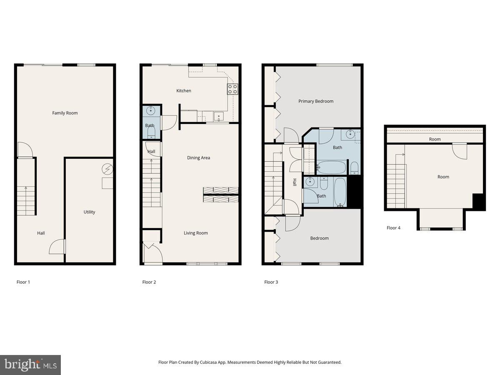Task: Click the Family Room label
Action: click(x=65, y=113)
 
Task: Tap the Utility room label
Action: click(x=89, y=212)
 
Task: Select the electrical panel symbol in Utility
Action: click(x=107, y=169)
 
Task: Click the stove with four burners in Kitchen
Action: click(x=232, y=89)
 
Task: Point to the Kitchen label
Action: click(x=184, y=91)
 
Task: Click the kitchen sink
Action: click(x=219, y=116)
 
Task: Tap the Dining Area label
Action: click(x=199, y=158)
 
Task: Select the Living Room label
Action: click(x=196, y=233)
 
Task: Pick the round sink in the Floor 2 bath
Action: click(x=151, y=111)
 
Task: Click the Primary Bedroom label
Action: click(x=316, y=101)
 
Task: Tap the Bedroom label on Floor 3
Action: click(x=320, y=238)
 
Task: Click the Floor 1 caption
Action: click(x=23, y=282)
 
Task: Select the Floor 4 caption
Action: click(x=393, y=228)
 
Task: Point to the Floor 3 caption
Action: click(x=271, y=282)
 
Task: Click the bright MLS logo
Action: click(x=30, y=365)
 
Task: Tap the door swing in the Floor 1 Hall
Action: click(x=57, y=247)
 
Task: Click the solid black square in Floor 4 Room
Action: click(x=479, y=202)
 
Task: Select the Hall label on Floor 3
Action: click(x=294, y=182)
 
